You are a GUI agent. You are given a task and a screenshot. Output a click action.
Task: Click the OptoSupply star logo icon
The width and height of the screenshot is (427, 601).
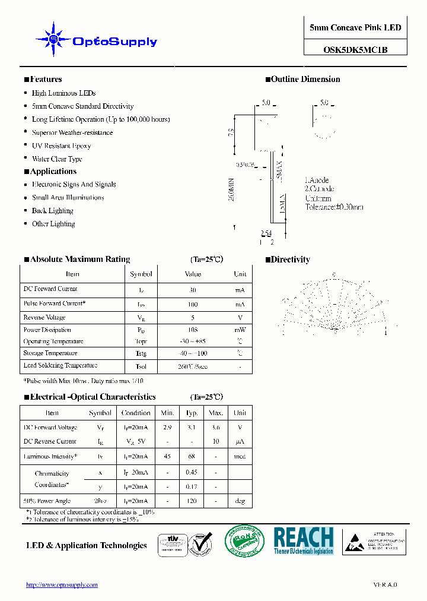click(53, 40)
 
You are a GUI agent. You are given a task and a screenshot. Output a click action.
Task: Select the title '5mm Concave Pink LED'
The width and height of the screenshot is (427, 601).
click(355, 28)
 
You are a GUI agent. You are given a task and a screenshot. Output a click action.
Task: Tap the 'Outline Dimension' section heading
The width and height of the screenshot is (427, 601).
click(305, 79)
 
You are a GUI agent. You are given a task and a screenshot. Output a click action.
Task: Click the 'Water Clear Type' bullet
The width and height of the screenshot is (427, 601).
click(57, 159)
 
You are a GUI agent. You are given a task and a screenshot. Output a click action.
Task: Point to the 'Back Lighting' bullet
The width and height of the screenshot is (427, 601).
click(52, 211)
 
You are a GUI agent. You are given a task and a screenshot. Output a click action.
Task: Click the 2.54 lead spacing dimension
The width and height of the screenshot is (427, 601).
click(266, 233)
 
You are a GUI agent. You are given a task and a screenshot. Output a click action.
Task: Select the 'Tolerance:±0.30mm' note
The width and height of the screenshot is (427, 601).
click(334, 207)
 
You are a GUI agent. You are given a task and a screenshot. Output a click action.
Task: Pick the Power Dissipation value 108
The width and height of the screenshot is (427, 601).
click(193, 330)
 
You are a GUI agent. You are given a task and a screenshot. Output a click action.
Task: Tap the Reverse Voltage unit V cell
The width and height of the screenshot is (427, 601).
click(240, 318)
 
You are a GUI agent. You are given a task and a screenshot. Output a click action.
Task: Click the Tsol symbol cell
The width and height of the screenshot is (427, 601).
click(141, 366)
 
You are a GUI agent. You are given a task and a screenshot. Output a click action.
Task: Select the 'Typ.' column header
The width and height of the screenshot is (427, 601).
click(192, 413)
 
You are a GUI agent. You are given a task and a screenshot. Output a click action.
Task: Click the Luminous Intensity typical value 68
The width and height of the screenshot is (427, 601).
click(192, 456)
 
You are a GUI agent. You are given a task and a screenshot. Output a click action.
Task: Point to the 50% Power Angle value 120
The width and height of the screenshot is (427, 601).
click(192, 501)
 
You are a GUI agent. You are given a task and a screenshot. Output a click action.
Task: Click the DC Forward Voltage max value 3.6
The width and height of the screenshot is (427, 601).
click(216, 428)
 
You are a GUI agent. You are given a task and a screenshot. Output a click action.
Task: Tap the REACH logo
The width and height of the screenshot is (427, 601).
click(303, 540)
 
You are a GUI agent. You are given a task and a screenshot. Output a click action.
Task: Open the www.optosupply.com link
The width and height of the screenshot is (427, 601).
click(62, 585)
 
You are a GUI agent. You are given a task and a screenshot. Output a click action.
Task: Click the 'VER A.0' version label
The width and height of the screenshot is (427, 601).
click(385, 585)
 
